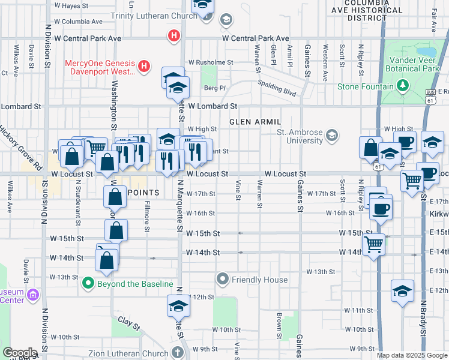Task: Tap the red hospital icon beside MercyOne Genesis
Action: pos(144,67)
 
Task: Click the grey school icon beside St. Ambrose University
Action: pos(331,137)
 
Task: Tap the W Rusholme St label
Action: pos(210,62)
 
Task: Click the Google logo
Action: pos(20,353)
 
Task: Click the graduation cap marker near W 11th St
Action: pos(403,292)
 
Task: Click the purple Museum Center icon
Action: pos(32,295)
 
